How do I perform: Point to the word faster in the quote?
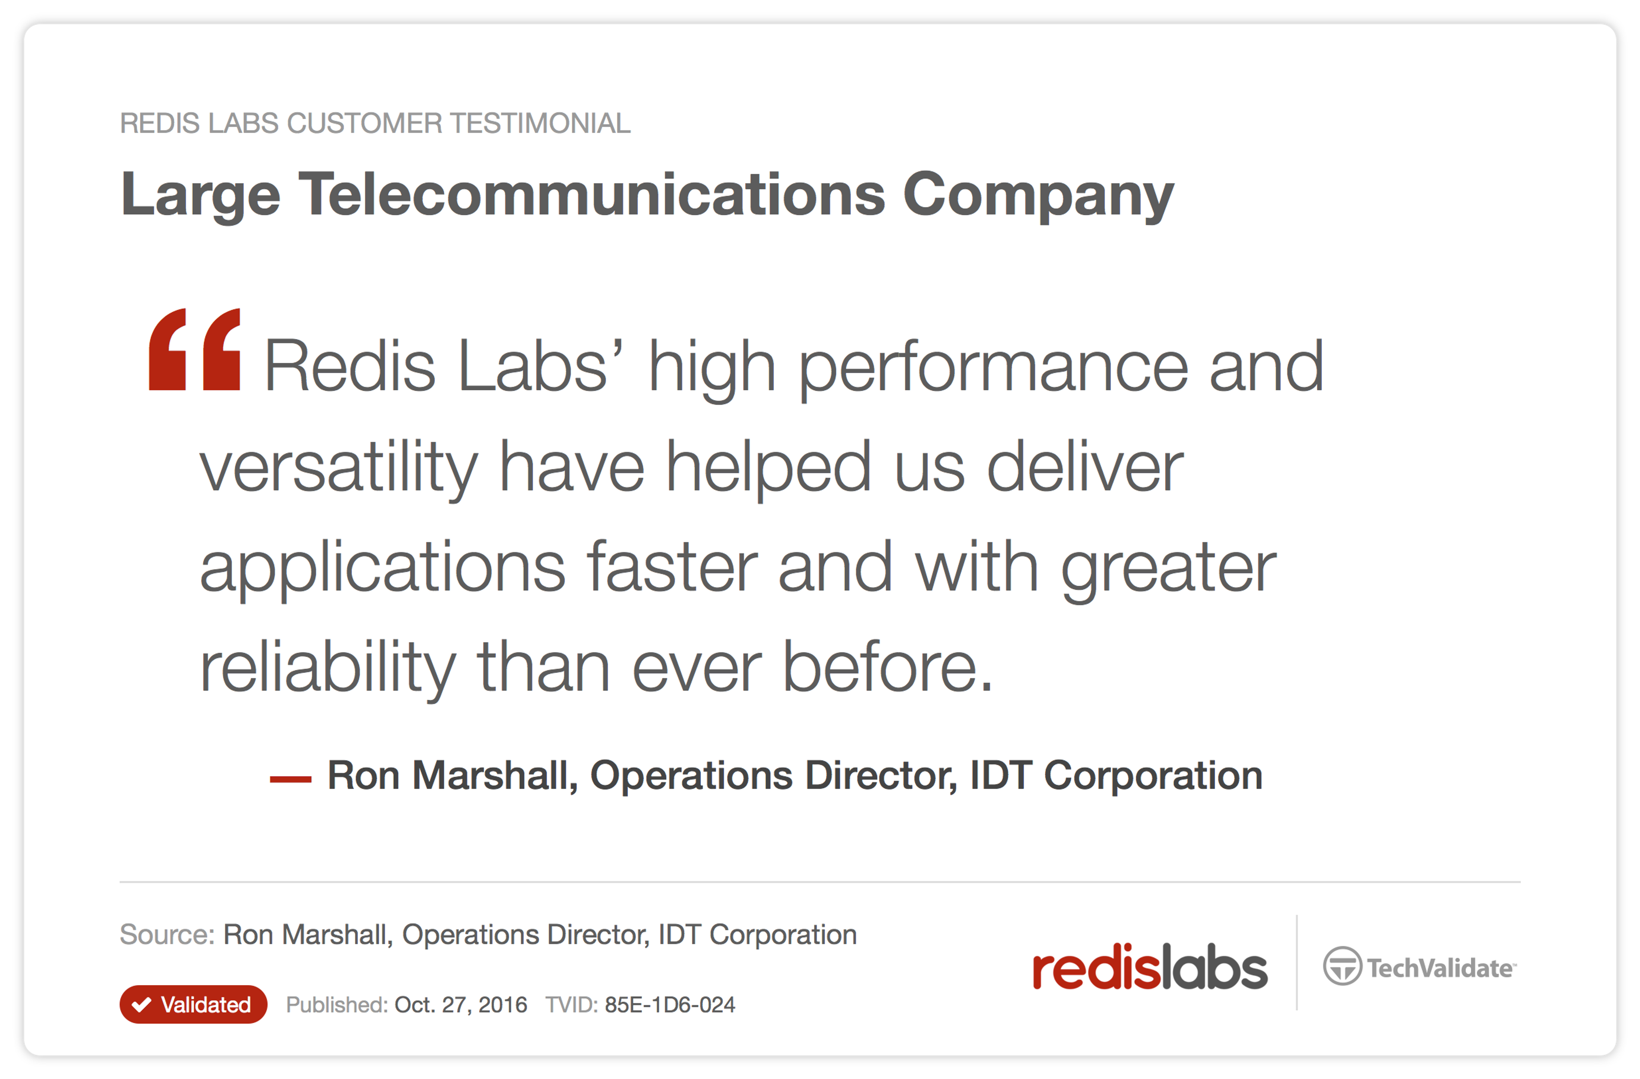672,566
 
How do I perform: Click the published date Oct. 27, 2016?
460,1005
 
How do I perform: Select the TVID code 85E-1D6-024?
670,1005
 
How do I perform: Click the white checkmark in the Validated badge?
141,1005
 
